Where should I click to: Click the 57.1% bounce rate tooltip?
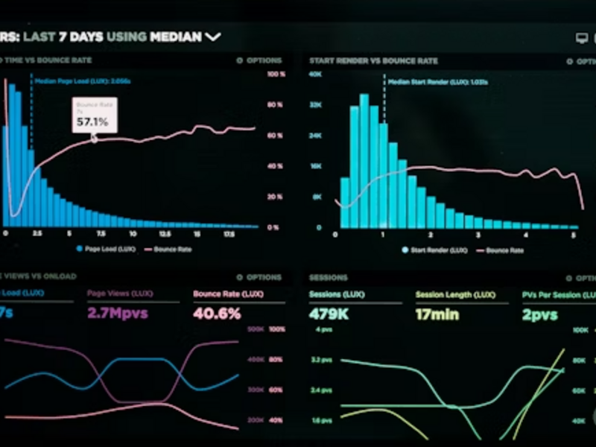pyautogui.click(x=95, y=115)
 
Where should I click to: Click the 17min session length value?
pyautogui.click(x=437, y=314)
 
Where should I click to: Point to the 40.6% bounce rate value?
pyautogui.click(x=217, y=314)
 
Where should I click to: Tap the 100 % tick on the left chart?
pyautogui.click(x=276, y=74)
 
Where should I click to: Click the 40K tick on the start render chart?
pyautogui.click(x=315, y=74)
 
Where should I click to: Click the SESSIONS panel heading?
pyautogui.click(x=329, y=277)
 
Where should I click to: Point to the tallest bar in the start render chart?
pyautogui.click(x=364, y=160)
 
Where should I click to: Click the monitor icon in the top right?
pyautogui.click(x=582, y=37)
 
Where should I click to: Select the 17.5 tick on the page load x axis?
pyautogui.click(x=230, y=234)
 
